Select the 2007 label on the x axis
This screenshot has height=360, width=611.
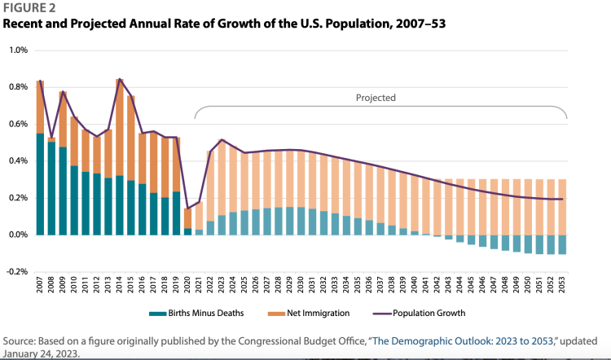(x=40, y=288)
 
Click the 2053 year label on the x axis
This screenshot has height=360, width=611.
(x=562, y=288)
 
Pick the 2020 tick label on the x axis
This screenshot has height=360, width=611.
(x=187, y=288)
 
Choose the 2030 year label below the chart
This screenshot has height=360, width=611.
(x=301, y=288)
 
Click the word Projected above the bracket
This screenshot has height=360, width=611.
(x=376, y=98)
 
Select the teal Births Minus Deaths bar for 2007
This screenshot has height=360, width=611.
(x=40, y=183)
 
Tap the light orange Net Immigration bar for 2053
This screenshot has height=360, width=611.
(x=562, y=207)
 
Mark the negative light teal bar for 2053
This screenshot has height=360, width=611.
(x=562, y=244)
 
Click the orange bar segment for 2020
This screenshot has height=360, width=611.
(x=187, y=218)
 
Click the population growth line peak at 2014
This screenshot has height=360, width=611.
(x=120, y=79)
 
